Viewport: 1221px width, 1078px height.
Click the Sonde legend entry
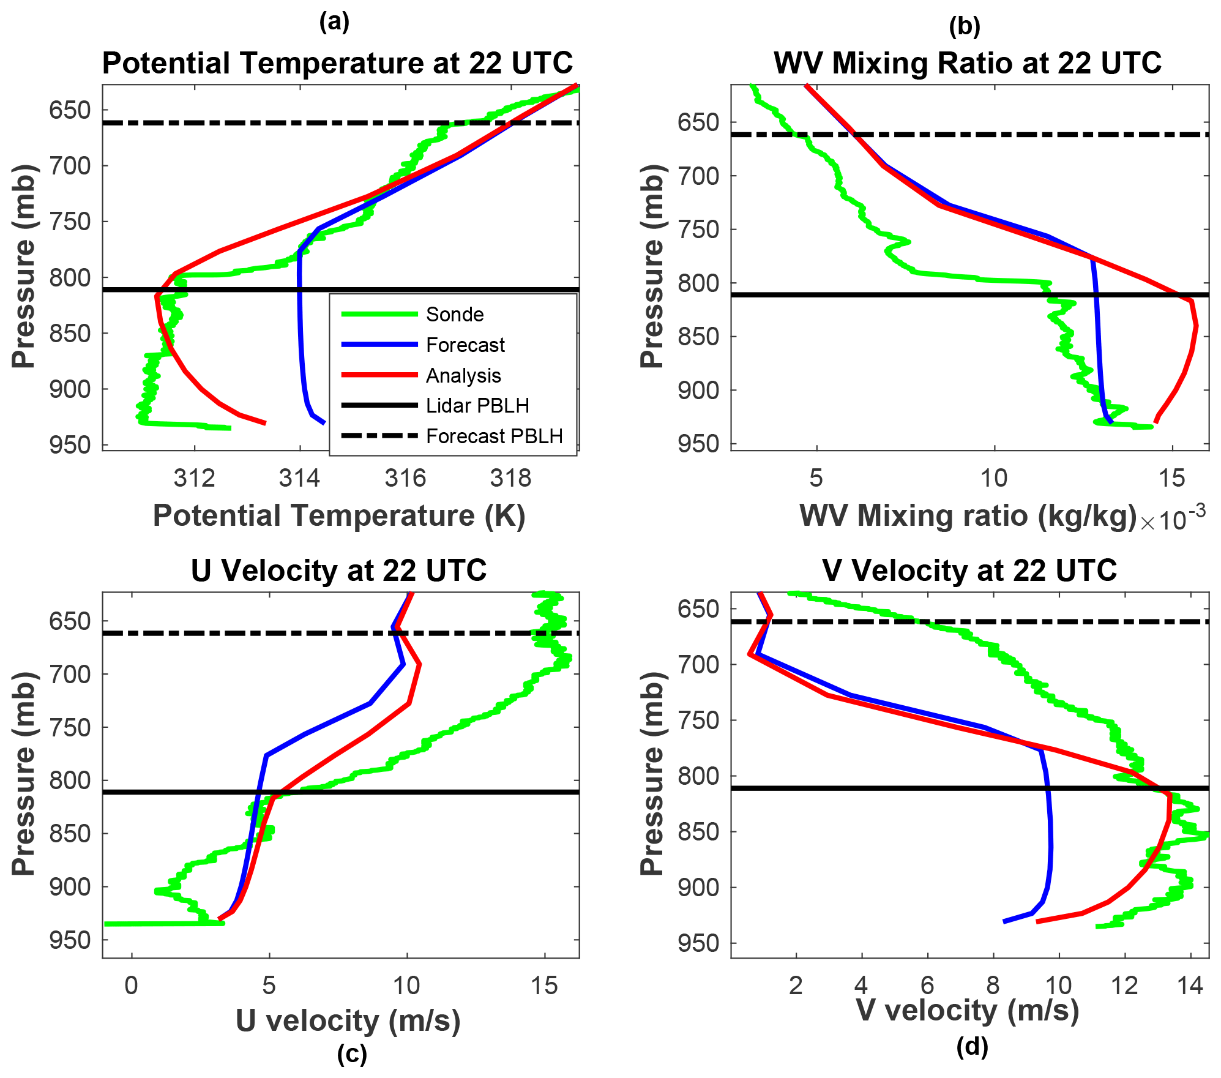(454, 315)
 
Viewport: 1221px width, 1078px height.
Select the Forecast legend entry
(465, 345)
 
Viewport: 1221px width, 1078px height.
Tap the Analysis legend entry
(463, 376)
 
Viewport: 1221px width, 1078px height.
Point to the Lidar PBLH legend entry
(477, 406)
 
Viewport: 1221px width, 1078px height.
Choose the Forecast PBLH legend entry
(493, 436)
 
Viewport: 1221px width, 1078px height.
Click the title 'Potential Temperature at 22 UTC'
(337, 63)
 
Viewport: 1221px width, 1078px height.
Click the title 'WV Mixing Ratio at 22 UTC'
(968, 63)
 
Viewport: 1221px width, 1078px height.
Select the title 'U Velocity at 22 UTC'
(338, 571)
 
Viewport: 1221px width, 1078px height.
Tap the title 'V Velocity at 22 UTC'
(969, 571)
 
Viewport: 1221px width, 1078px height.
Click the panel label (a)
(334, 22)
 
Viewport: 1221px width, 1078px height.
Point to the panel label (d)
(972, 1047)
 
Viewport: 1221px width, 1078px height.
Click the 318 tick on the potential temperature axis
(510, 478)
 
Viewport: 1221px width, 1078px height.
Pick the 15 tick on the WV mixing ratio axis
(1171, 478)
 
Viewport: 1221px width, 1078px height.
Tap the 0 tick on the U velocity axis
(132, 986)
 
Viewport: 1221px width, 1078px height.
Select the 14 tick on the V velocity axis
(1190, 986)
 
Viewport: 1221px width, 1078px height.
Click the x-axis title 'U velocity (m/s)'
(348, 1021)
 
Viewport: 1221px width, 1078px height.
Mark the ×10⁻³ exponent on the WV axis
(1173, 518)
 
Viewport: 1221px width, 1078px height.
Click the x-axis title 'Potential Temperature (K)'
(339, 515)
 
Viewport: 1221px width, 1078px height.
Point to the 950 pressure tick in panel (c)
(69, 940)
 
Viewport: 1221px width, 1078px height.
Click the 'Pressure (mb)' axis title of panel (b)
(652, 266)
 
